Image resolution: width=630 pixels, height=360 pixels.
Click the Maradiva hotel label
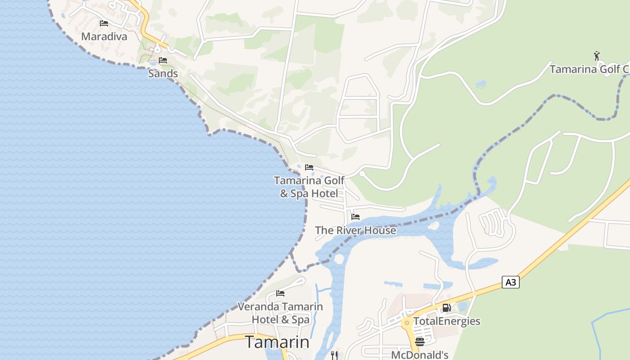pyautogui.click(x=104, y=36)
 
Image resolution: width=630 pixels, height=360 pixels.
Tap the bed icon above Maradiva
pyautogui.click(x=104, y=23)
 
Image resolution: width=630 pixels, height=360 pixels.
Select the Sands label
pyautogui.click(x=163, y=73)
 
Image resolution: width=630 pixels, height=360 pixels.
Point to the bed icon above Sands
pyautogui.click(x=163, y=60)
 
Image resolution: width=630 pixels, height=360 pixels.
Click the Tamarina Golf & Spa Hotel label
pyautogui.click(x=309, y=187)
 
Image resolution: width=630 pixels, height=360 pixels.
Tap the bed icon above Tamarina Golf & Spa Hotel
pyautogui.click(x=309, y=167)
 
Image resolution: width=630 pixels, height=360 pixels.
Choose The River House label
pyautogui.click(x=355, y=230)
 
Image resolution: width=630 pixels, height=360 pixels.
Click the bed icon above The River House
pyautogui.click(x=355, y=217)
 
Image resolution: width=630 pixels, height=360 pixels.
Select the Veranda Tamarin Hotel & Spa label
pyautogui.click(x=280, y=313)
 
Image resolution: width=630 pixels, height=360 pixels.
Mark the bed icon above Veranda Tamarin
pyautogui.click(x=280, y=293)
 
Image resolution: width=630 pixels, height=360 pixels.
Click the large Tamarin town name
pyautogui.click(x=277, y=342)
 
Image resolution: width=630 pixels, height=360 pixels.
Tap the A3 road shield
pyautogui.click(x=511, y=283)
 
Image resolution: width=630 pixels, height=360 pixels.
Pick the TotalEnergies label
pyautogui.click(x=446, y=321)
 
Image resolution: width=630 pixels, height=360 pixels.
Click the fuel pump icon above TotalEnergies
pyautogui.click(x=446, y=308)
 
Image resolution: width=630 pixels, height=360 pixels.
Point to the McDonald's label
pyautogui.click(x=420, y=355)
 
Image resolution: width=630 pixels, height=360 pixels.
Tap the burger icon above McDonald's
pyautogui.click(x=420, y=342)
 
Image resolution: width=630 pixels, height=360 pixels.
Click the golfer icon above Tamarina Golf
pyautogui.click(x=597, y=56)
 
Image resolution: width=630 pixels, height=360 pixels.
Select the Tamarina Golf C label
pyautogui.click(x=589, y=69)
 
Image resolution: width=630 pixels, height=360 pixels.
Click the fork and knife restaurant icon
pyautogui.click(x=334, y=355)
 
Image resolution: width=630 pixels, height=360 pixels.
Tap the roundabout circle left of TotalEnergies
pyautogui.click(x=407, y=323)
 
